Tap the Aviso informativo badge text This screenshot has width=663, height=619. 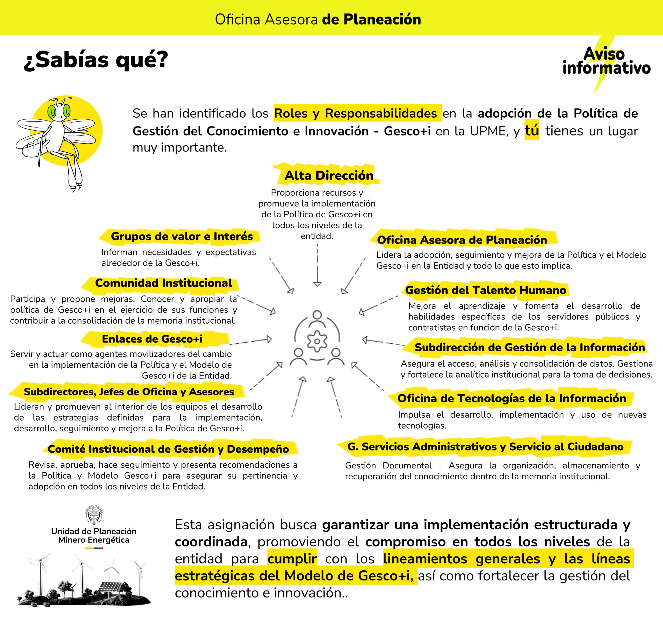(606, 61)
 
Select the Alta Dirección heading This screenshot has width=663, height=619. (328, 175)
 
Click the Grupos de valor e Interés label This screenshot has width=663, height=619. (182, 236)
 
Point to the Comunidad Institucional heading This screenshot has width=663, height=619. (163, 283)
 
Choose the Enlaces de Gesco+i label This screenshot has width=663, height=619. (152, 339)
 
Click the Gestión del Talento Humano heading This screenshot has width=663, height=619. (486, 290)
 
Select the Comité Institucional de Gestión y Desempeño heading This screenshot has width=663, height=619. (168, 449)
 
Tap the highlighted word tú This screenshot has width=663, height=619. (532, 131)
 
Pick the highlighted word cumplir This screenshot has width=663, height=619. (292, 559)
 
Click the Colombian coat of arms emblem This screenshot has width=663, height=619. (94, 515)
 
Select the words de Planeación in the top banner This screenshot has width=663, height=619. (371, 19)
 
